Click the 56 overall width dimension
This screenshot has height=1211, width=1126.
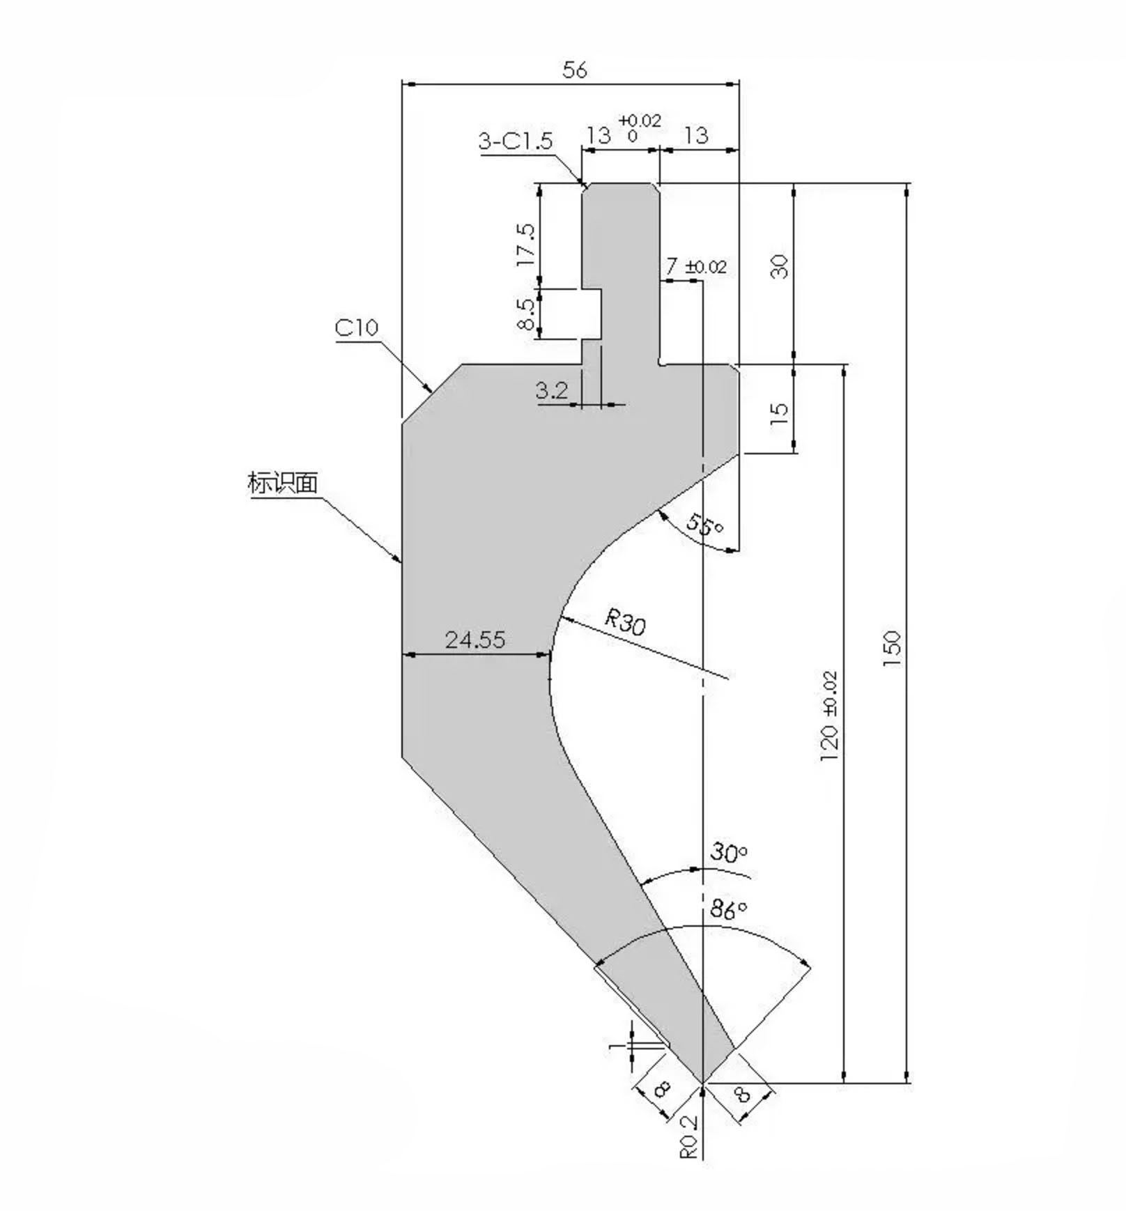(574, 70)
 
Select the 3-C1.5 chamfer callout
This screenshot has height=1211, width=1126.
(516, 141)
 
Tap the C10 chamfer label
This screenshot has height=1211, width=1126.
(357, 327)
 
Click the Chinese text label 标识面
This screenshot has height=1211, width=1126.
(283, 483)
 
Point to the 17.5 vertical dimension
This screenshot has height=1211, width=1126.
(527, 244)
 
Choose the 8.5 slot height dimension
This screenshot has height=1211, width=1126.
(527, 314)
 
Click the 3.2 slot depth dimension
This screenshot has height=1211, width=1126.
(552, 391)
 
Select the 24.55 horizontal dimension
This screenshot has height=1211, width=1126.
(475, 640)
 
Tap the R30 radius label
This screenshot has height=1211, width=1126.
(624, 621)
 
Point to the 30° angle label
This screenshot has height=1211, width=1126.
(729, 852)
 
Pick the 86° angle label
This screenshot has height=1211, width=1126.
(729, 909)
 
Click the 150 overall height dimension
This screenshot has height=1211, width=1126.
(892, 648)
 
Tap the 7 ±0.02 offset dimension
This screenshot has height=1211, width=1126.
(695, 266)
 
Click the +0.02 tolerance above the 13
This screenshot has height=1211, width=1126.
(640, 120)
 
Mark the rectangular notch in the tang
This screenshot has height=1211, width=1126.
(592, 314)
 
